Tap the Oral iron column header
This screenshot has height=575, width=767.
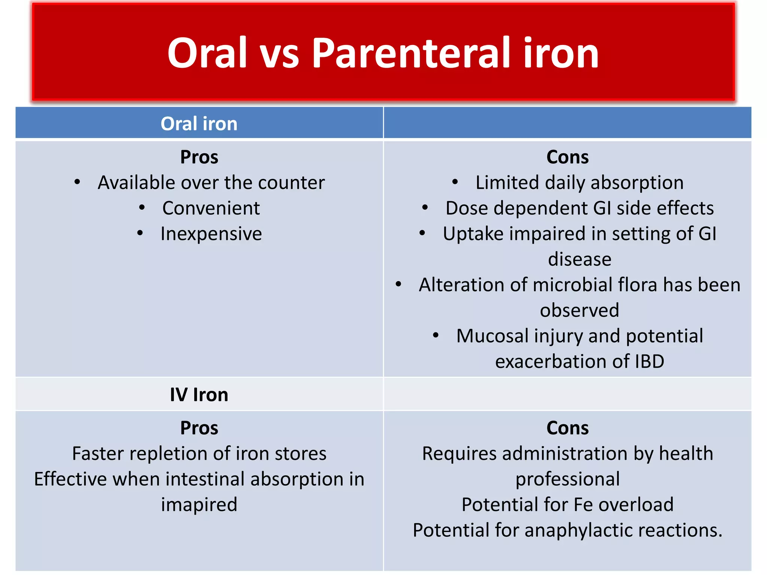pos(199,124)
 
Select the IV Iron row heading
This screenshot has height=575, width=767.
pos(199,395)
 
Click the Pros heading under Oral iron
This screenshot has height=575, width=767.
pos(199,157)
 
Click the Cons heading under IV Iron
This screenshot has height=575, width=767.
pos(567,428)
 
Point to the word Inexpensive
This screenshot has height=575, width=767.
pos(211,234)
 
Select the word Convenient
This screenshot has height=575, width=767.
pos(211,208)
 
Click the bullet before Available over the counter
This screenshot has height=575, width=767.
pos(77,182)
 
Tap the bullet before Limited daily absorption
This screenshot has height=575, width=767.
pos(455,182)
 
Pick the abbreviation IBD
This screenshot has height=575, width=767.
pos(649,362)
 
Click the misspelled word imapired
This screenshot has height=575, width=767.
pos(199,505)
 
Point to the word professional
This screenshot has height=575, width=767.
pos(567,479)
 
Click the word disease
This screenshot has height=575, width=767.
pos(579,259)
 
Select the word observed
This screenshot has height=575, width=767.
pos(579,310)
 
